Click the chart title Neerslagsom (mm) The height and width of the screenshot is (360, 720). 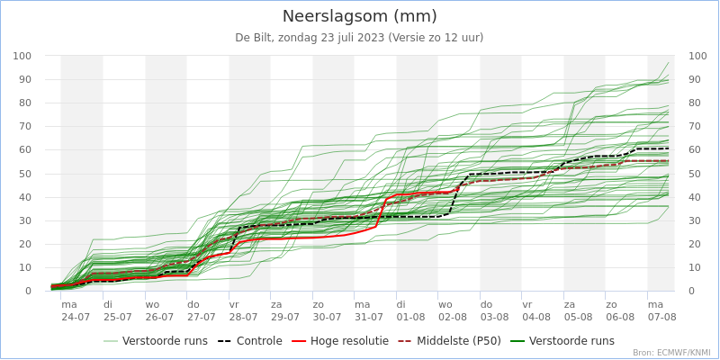pos(360,16)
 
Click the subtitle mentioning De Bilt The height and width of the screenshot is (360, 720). pos(360,38)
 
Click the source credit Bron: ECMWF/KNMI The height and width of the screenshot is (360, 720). pos(671,353)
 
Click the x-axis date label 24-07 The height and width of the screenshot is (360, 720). pos(76,317)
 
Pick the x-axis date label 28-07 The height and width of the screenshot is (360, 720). pos(243,317)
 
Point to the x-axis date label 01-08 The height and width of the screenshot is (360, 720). pos(410,317)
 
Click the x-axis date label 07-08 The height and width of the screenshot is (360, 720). pos(661,317)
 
